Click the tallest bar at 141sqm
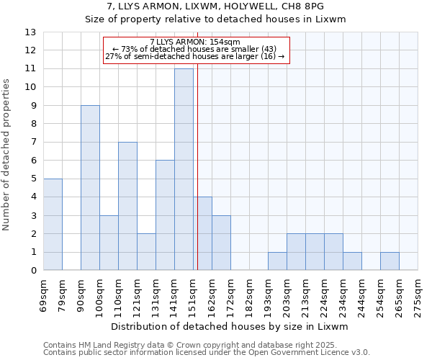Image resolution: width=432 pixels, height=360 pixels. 184,169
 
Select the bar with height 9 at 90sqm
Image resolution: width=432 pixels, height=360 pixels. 90,187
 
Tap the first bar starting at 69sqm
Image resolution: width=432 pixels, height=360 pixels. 53,224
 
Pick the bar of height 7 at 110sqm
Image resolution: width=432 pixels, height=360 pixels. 127,206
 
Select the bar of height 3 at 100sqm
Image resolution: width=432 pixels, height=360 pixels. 109,243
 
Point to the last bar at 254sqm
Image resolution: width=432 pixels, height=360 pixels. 390,261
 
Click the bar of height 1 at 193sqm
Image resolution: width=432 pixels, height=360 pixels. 277,261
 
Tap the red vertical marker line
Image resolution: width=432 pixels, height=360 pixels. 197,166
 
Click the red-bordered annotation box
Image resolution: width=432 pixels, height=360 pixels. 196,50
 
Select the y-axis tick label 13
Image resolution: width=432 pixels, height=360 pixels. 30,32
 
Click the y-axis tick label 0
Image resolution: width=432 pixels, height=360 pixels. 32,270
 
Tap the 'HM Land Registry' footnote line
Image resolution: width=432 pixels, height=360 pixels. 206,345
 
